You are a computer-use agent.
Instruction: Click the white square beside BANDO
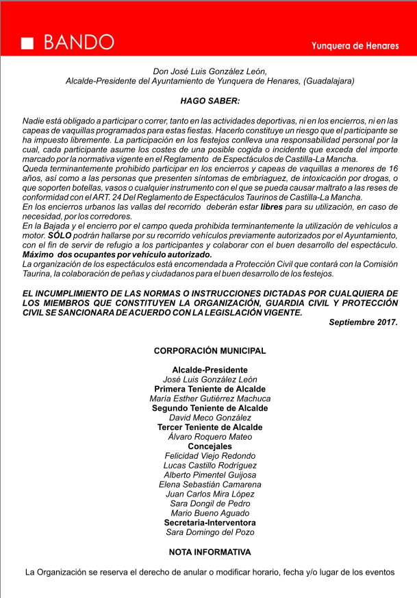27,44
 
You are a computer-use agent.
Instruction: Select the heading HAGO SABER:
210,100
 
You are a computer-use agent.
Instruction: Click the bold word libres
273,206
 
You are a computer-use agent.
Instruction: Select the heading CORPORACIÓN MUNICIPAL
210,350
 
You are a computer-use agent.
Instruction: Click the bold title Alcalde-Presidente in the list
210,370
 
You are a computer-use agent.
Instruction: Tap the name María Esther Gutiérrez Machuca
210,398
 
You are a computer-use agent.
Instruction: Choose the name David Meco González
210,418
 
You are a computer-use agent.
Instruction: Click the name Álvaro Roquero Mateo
210,437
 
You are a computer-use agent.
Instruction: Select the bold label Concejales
210,446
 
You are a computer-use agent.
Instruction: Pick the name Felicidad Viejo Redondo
210,456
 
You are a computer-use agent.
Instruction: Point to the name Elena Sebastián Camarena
210,485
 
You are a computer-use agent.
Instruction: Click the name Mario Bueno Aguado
210,513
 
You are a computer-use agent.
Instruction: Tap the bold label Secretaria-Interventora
210,523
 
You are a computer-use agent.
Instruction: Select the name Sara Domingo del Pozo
210,532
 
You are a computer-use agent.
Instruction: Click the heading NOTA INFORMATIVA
210,551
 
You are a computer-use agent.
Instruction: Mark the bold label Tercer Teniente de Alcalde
210,427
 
